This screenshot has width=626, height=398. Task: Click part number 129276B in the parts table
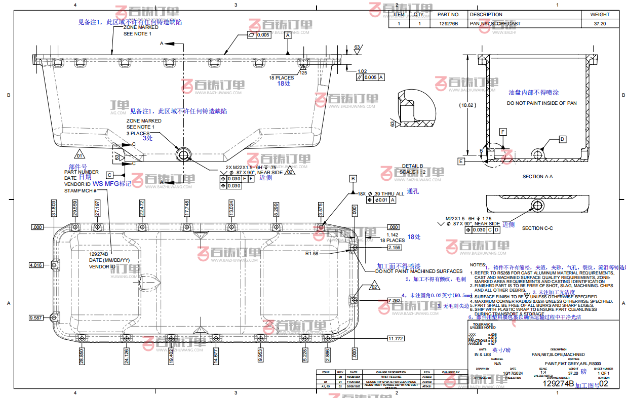[448, 24]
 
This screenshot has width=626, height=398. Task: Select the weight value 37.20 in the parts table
[600, 24]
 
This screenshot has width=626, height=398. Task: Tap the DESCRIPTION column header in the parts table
[486, 15]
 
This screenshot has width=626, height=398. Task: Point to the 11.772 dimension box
[396, 338]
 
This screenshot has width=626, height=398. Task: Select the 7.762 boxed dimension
[395, 300]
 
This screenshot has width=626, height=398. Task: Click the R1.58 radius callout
[311, 253]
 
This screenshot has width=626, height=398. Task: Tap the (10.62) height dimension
[467, 105]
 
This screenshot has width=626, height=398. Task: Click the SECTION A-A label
[537, 177]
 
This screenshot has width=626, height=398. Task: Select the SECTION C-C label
[537, 228]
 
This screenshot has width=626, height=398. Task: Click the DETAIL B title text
[413, 166]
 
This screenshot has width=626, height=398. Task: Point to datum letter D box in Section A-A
[562, 139]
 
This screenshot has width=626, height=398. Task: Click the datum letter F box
[503, 132]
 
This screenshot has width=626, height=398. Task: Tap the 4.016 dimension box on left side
[36, 265]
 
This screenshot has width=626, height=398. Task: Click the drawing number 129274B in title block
[558, 384]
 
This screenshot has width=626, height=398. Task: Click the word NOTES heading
[478, 265]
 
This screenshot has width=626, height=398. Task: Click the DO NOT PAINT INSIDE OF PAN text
[542, 103]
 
